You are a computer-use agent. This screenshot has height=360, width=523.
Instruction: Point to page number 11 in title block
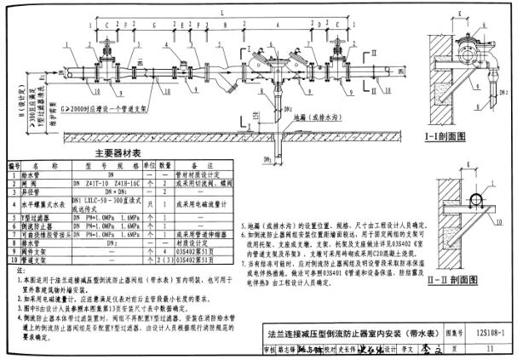[x=491, y=349]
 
